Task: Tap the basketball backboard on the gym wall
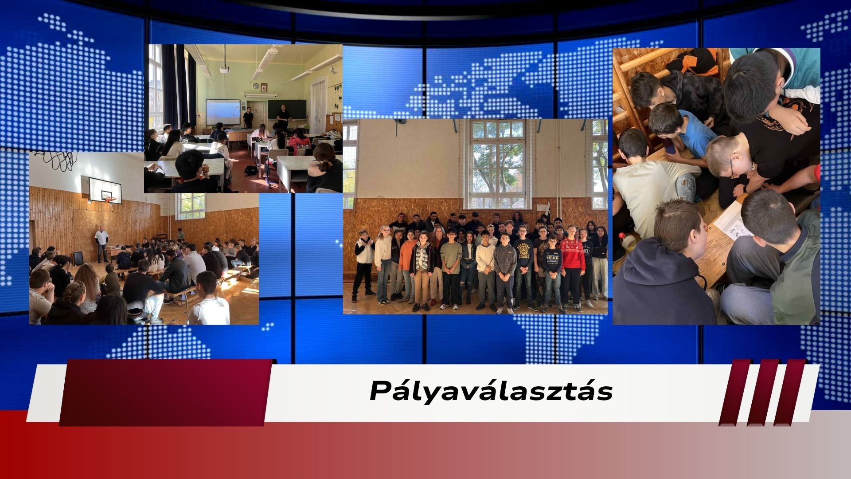pyautogui.click(x=105, y=190)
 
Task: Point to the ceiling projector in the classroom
pyautogui.click(x=225, y=69)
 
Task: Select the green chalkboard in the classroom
pyautogui.click(x=286, y=109)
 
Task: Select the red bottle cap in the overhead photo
pyautogui.click(x=622, y=236)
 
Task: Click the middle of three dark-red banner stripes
pyautogui.click(x=762, y=393)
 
